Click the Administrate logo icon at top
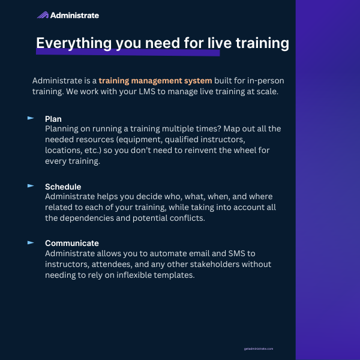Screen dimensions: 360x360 43,15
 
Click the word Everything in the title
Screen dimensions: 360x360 74,43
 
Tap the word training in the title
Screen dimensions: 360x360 262,43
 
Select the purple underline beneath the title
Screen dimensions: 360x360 128,52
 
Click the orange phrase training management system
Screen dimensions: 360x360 155,81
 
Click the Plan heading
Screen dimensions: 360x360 53,119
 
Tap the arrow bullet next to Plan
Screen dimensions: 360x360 31,118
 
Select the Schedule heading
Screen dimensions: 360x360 63,187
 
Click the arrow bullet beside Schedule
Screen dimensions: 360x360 31,186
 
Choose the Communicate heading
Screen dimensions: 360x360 72,244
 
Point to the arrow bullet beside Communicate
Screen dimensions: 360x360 31,242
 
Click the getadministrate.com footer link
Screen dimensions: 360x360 259,349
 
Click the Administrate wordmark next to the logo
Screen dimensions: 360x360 74,16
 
